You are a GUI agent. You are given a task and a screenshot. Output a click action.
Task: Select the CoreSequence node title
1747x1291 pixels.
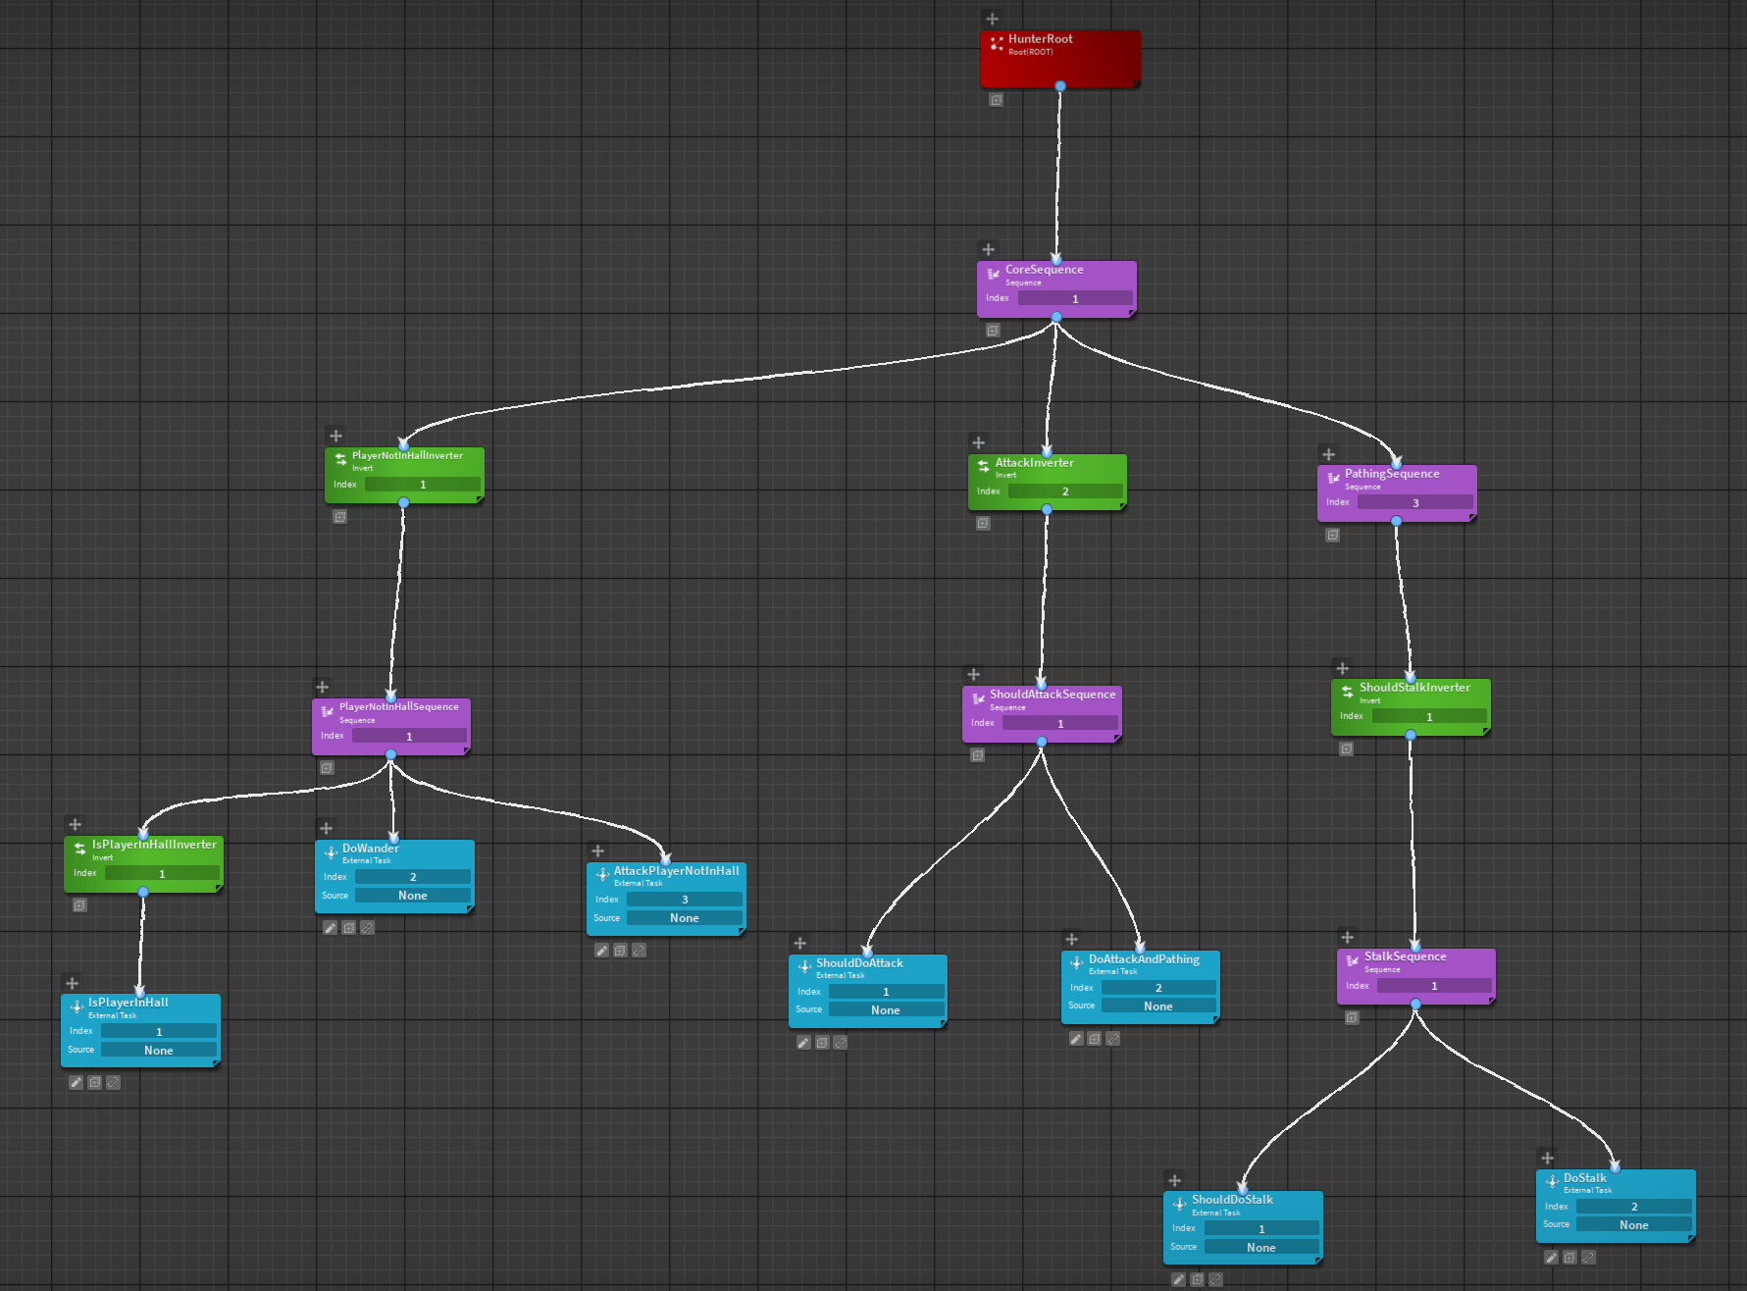point(1044,270)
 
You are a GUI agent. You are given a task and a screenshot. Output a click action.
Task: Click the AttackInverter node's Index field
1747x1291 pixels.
point(1064,491)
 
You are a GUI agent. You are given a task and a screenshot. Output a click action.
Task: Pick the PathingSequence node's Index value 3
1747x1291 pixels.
point(1414,503)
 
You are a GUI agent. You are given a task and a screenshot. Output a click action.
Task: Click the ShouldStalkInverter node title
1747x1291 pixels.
point(1414,688)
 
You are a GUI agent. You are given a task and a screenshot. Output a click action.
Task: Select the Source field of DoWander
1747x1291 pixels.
point(412,896)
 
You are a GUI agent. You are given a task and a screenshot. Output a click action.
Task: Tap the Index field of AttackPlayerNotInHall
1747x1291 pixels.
point(684,900)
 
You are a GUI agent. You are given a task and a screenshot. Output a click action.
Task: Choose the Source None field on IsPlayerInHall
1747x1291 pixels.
point(158,1051)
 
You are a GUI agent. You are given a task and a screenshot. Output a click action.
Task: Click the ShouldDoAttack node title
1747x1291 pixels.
point(859,963)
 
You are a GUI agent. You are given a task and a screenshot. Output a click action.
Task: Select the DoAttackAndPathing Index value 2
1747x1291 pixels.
point(1157,988)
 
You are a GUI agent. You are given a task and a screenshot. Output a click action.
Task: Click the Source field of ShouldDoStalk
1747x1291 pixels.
point(1260,1248)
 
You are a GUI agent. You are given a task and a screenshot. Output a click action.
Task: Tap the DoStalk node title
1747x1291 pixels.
point(1584,1178)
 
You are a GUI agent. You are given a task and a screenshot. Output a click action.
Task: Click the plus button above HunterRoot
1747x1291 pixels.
point(993,19)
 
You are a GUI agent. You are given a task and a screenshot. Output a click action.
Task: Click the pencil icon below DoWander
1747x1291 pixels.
point(331,928)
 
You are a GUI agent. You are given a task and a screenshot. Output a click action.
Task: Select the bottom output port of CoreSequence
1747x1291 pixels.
point(1056,318)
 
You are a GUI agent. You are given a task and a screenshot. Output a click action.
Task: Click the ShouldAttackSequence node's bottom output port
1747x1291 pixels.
point(1042,742)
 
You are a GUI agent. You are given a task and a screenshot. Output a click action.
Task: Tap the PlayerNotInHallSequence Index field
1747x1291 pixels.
point(409,737)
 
